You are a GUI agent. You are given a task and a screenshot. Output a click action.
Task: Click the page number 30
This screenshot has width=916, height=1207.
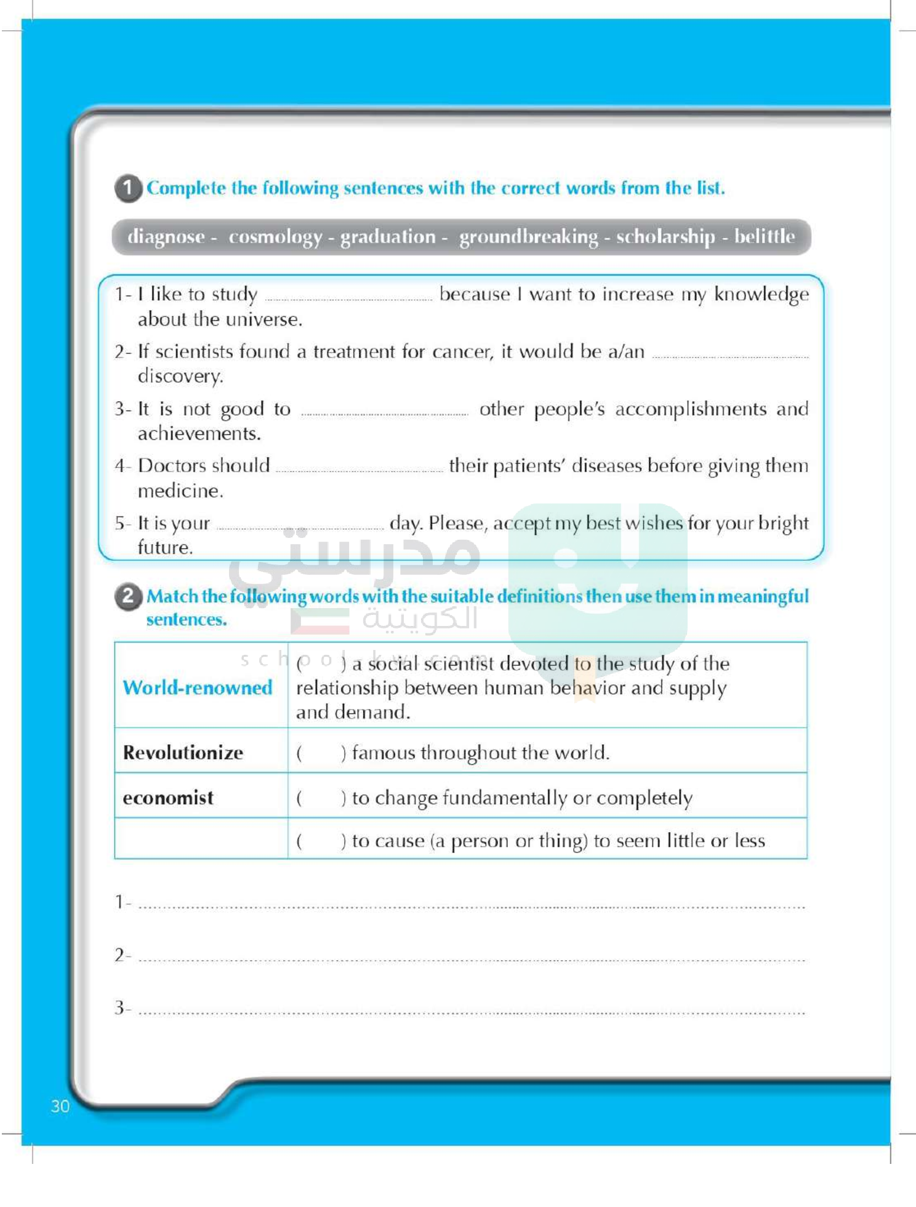60,1106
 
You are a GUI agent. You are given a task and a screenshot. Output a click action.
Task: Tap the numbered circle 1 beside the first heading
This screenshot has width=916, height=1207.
128,188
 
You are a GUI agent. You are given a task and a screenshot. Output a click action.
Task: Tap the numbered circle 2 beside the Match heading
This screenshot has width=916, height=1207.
128,596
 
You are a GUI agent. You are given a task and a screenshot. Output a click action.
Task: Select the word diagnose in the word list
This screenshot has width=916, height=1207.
166,237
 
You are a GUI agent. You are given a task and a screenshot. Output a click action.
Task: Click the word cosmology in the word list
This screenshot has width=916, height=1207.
275,237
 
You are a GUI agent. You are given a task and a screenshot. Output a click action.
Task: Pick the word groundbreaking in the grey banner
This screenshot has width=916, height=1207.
528,237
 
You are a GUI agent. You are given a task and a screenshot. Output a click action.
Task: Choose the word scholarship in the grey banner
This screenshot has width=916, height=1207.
665,237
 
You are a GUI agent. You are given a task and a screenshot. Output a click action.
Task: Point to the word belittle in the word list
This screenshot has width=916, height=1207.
764,236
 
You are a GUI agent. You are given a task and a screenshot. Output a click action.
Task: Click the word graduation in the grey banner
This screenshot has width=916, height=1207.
388,237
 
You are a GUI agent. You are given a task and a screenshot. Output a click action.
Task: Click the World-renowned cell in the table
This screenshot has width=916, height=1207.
198,688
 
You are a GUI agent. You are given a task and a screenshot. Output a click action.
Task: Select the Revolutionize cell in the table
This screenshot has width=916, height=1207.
183,753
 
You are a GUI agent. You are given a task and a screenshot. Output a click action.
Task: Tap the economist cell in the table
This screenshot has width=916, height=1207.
168,798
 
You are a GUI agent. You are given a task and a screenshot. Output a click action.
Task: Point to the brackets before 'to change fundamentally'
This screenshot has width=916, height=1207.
321,798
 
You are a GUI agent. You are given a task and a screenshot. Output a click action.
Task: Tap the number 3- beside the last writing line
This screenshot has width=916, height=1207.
123,1008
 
